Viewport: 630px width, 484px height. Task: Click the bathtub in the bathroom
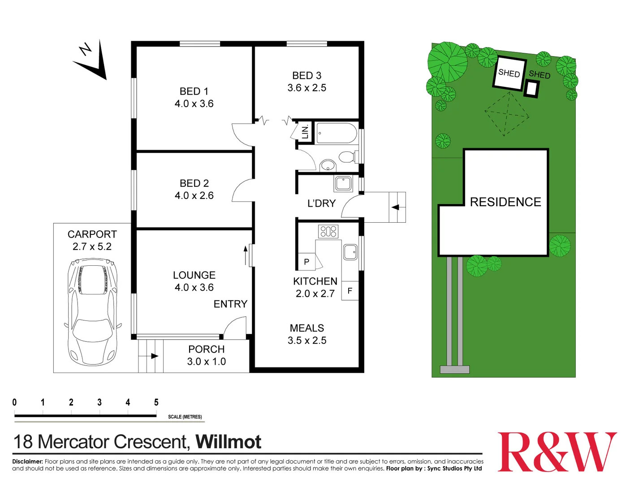pos(337,133)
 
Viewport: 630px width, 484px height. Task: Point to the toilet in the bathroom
pos(347,157)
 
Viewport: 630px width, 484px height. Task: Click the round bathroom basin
pos(328,165)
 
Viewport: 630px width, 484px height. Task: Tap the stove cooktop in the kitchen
pos(328,232)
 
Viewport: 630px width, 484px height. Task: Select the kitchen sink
pos(350,251)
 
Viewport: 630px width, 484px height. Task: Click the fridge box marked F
pos(350,291)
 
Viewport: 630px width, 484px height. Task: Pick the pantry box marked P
pos(306,262)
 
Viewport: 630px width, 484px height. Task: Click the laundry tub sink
pos(343,184)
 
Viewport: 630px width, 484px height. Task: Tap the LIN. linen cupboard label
pos(305,132)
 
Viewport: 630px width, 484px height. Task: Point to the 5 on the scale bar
pos(156,402)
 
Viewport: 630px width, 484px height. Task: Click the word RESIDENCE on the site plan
pos(505,202)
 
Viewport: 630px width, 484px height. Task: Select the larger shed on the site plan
pos(509,73)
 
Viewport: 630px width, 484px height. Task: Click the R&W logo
pos(557,452)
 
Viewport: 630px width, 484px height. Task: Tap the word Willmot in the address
pos(229,442)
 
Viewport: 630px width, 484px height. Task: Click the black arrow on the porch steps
pos(154,356)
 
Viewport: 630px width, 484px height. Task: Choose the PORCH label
pos(206,350)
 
